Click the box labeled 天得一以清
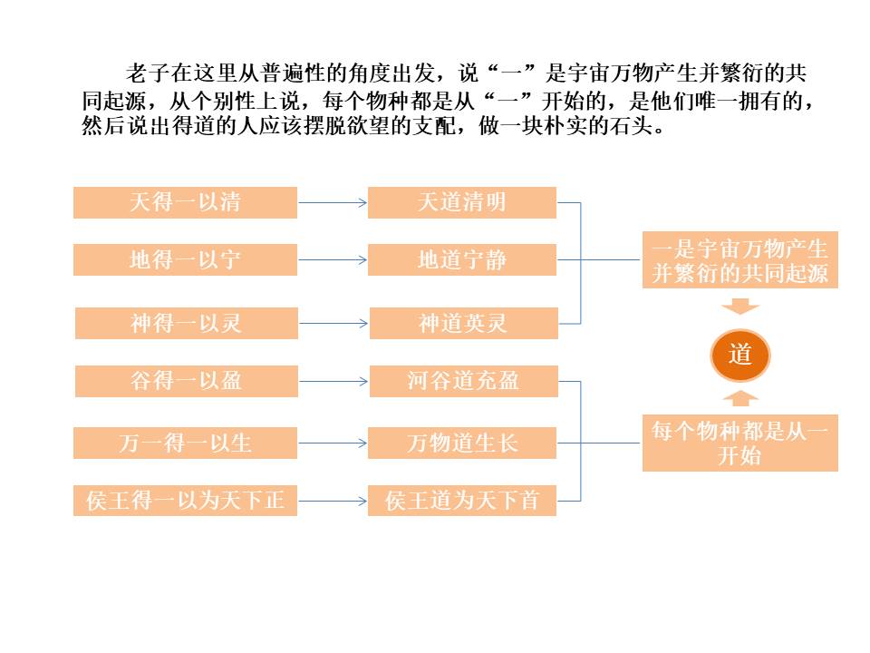[185, 202]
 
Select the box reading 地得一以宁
[185, 260]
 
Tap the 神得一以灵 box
[186, 323]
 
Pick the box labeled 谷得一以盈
[186, 381]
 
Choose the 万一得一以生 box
[185, 443]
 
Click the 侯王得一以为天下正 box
[185, 501]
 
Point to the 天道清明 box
[462, 202]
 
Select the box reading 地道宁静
[462, 260]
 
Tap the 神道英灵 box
[462, 323]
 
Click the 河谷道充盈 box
[463, 381]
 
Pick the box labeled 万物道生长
[462, 443]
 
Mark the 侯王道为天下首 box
[462, 501]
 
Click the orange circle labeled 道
[740, 356]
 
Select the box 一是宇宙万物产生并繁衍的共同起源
[740, 260]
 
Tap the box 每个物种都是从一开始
[740, 443]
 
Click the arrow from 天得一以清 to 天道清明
[333, 202]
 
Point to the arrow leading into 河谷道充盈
[333, 381]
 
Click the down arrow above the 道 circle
[740, 307]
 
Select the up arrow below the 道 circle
[740, 398]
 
